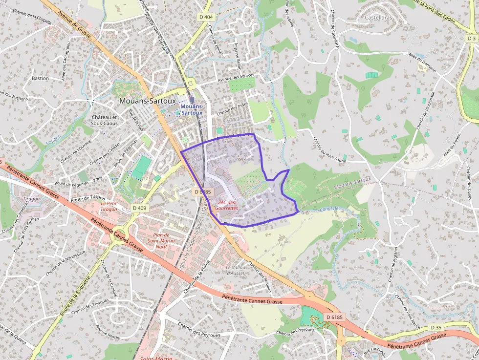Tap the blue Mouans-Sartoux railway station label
pos(191,109)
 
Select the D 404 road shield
pos(206,17)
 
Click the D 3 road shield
pos(471,38)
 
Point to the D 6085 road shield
pos(202,192)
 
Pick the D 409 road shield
pos(139,208)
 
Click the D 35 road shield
pos(436,327)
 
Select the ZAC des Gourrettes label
pos(228,205)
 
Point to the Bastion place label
pos(40,78)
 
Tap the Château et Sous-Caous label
pos(104,120)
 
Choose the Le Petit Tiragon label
pos(109,206)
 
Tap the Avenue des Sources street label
pos(236,77)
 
